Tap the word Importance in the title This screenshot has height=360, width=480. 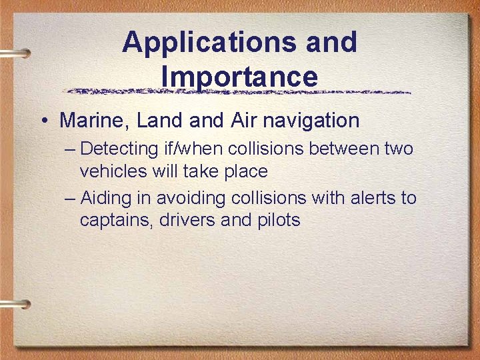[239, 77]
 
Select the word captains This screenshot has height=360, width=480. [117, 220]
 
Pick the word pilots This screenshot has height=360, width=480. [277, 220]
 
